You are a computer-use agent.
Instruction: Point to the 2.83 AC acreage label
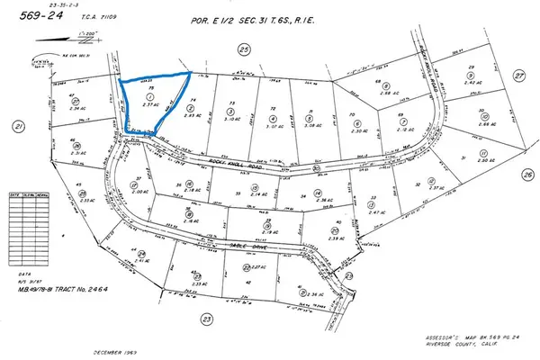click(190, 116)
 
